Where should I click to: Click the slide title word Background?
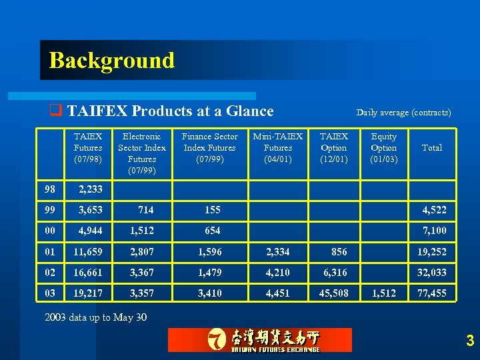tap(111, 61)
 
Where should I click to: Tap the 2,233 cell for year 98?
tap(90, 189)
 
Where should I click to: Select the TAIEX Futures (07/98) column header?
tap(88, 148)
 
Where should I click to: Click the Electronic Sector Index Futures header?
tap(142, 153)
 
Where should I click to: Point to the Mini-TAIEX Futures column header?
tap(277, 148)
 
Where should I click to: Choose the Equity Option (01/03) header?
tap(383, 148)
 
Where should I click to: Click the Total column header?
tap(432, 148)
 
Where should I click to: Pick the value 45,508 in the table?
tap(333, 293)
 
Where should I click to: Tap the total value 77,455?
tap(432, 293)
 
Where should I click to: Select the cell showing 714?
tap(145, 210)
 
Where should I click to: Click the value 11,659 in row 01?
tap(87, 252)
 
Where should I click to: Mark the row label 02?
tap(51, 273)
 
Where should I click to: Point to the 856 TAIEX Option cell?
tap(339, 252)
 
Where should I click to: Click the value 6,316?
tap(336, 273)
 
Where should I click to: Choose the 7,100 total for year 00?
tap(435, 231)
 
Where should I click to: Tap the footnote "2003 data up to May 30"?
tap(95, 317)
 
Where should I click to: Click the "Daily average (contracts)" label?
tap(403, 113)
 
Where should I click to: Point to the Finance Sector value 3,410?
tap(210, 293)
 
